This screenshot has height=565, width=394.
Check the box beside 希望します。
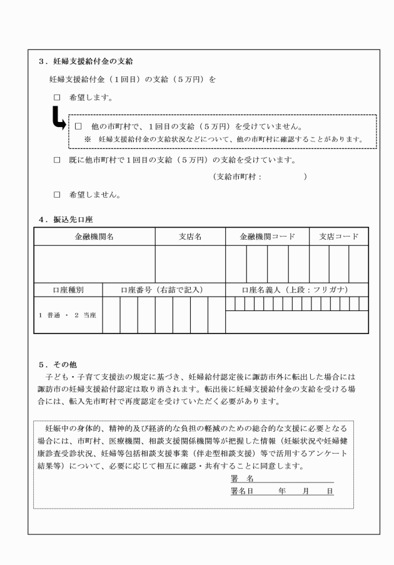pos(57,98)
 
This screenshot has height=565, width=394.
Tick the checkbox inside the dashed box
pos(79,126)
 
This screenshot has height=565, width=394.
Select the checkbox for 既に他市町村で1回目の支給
pos(57,160)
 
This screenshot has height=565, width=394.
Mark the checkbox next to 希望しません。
pos(57,195)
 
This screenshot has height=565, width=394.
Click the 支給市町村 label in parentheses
pos(237,178)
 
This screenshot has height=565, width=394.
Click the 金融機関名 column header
pos(94,237)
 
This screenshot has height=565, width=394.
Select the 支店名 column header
pos(190,237)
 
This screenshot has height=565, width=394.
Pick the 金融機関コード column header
pos(267,237)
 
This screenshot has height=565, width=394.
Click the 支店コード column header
pos(338,237)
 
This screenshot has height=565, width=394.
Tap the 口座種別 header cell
pos(68,290)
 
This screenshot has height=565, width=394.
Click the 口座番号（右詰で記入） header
pos(164,290)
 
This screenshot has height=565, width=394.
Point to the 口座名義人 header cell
pos(296,290)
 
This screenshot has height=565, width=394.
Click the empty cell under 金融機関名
pos(94,263)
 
